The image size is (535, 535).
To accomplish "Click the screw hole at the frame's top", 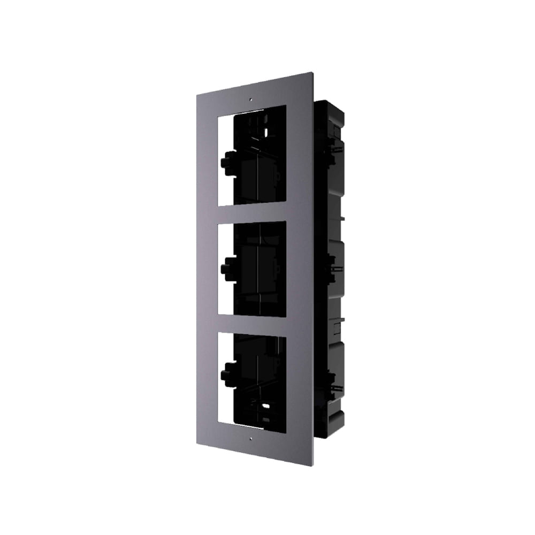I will [x=250, y=99].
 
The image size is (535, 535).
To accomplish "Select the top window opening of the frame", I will [x=253, y=155].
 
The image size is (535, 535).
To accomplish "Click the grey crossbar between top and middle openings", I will [x=252, y=213].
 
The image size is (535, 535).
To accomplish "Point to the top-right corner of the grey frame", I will [x=312, y=73].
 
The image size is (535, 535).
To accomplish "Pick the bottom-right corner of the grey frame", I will [x=313, y=464].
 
